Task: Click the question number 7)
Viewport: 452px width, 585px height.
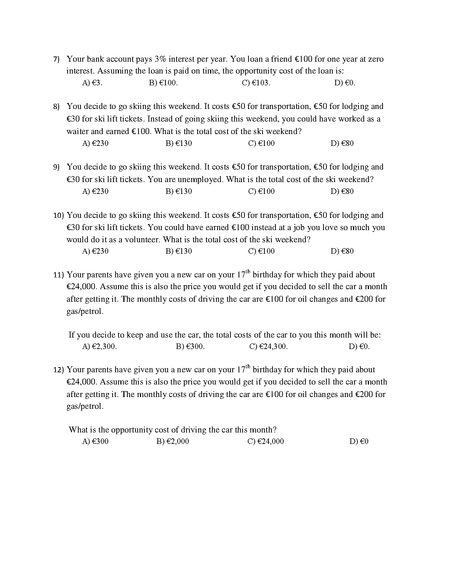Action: [x=56, y=59]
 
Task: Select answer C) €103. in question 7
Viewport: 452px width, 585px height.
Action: [x=256, y=83]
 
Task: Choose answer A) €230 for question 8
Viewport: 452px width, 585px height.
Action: [x=95, y=143]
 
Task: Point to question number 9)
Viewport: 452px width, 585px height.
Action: [x=56, y=167]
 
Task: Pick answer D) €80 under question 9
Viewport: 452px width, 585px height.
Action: [x=342, y=191]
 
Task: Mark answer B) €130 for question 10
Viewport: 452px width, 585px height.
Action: [x=179, y=251]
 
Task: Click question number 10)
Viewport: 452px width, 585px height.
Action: [x=59, y=216]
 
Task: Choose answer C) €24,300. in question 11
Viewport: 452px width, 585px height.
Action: [x=268, y=346]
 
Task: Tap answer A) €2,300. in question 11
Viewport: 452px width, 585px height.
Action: [x=99, y=346]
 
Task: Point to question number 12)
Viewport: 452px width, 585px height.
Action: [x=59, y=370]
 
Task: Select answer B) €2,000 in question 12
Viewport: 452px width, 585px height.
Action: [x=172, y=441]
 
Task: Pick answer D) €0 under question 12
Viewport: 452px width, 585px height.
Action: [x=359, y=441]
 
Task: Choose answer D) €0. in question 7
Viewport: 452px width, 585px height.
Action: [x=345, y=83]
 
